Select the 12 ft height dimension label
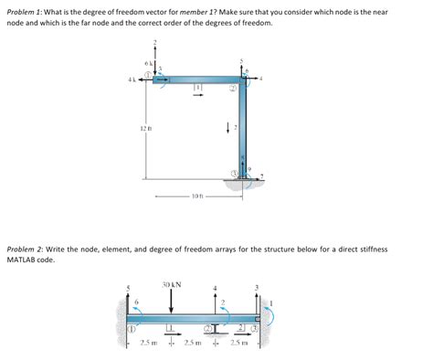tap(145, 128)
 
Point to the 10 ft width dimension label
tap(197, 196)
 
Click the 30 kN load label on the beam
tap(171, 284)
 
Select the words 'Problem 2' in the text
tap(27, 249)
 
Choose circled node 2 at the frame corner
tap(234, 90)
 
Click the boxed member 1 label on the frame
tap(197, 87)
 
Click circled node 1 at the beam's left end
tap(131, 326)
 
